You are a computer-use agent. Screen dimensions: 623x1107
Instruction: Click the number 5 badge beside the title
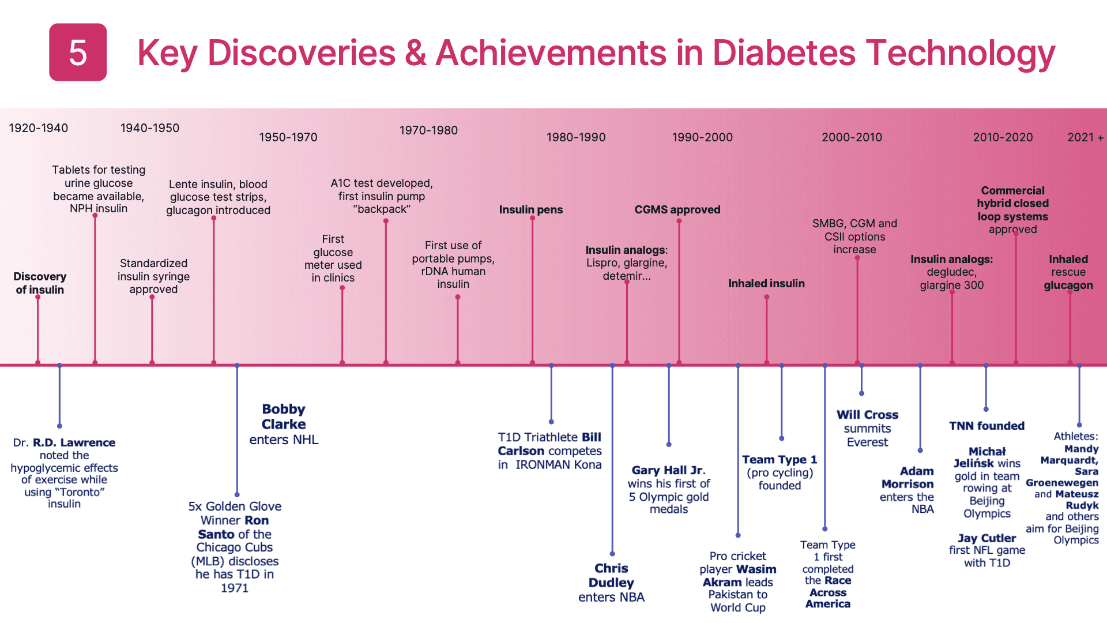tap(78, 52)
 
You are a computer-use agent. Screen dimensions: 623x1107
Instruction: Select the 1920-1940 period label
tap(39, 128)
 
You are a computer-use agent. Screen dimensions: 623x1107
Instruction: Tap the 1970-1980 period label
tap(428, 130)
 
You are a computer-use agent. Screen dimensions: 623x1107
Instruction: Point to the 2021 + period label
tap(1085, 137)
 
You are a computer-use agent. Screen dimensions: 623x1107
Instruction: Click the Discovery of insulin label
tap(40, 283)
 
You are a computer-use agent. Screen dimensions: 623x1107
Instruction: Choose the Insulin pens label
tap(530, 209)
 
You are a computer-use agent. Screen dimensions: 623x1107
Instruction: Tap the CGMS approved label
tap(677, 209)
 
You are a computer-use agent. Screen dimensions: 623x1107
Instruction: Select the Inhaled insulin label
tap(766, 283)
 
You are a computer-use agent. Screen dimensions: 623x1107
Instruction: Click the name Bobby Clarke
tap(284, 416)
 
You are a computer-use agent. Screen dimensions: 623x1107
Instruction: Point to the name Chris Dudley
tap(611, 576)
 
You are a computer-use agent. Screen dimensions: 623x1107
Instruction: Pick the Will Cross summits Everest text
tap(867, 428)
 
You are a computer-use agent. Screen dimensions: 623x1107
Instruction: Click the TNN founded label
tap(986, 426)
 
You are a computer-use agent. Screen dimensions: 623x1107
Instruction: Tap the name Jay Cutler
tap(986, 538)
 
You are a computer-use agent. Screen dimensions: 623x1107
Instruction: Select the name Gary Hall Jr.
tap(668, 470)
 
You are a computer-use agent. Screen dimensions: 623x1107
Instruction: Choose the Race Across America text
tap(828, 592)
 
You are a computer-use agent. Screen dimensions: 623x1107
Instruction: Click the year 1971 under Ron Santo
tap(235, 588)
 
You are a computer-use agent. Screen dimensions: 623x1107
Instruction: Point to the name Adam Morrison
tap(908, 478)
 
